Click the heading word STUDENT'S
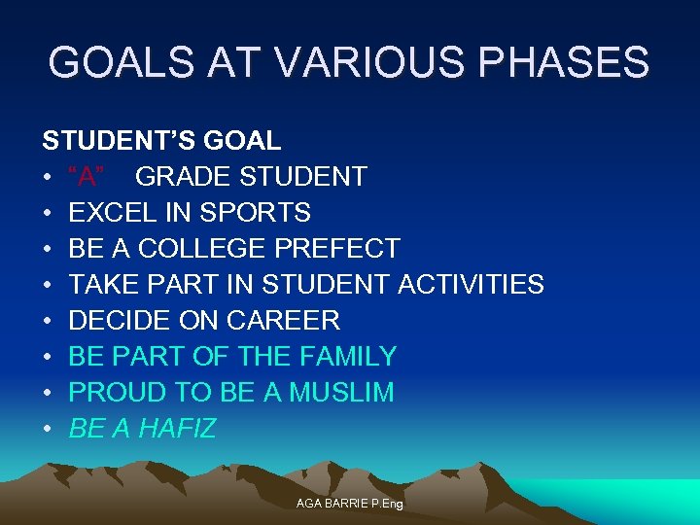[120, 141]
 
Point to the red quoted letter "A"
[87, 177]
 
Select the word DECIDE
[113, 321]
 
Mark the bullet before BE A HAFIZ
[47, 429]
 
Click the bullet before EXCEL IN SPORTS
[47, 213]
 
